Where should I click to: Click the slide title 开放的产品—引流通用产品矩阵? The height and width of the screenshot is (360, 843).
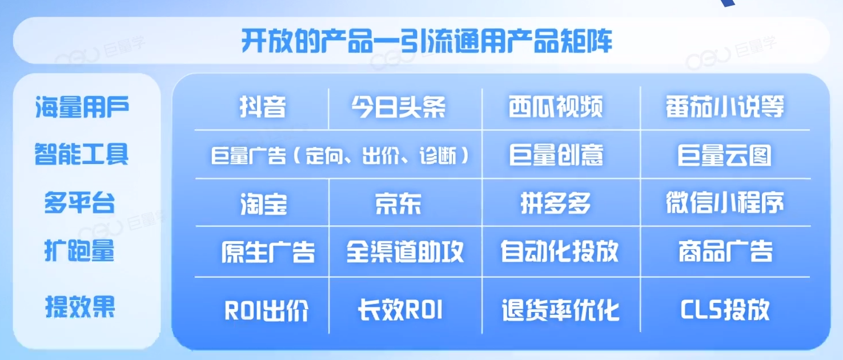(x=427, y=41)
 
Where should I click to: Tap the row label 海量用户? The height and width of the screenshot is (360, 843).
(x=82, y=107)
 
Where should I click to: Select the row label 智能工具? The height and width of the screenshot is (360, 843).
(x=82, y=154)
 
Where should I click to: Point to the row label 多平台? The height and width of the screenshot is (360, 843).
(x=79, y=202)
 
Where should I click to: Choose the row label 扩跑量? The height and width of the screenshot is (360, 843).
(x=79, y=250)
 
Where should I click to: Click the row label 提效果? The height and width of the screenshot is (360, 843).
(x=80, y=306)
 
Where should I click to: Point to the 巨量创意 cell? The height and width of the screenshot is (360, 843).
(x=556, y=155)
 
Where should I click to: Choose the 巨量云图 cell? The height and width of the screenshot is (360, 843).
(x=724, y=155)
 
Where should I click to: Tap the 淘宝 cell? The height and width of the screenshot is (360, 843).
(x=263, y=204)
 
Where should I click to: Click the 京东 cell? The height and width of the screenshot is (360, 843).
(x=398, y=203)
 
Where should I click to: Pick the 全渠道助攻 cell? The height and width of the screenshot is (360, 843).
(x=405, y=251)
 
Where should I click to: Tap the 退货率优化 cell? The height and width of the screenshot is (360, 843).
(x=560, y=310)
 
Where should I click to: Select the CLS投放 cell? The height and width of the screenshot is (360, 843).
(x=725, y=310)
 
